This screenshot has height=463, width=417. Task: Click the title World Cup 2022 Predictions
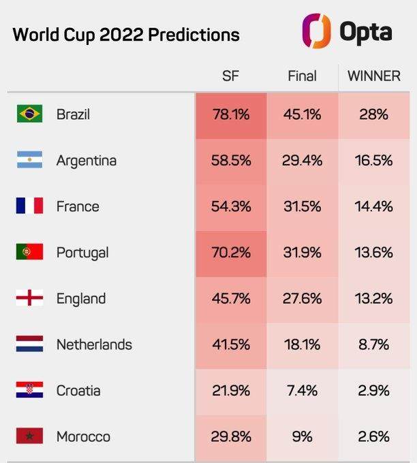coord(126,35)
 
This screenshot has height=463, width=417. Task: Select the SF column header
coord(230,76)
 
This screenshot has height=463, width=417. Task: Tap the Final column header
coord(302,76)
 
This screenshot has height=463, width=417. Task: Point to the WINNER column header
coord(374,76)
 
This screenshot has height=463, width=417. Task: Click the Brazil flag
coord(29,114)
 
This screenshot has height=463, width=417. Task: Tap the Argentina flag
coord(29,160)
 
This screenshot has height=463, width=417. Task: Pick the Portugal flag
coord(29,252)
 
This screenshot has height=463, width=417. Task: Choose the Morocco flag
coord(29,436)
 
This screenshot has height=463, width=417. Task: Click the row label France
coord(78,206)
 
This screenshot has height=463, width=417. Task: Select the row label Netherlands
coord(94,345)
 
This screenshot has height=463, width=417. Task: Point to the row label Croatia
coord(78,390)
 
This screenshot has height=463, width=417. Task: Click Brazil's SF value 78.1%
coord(231,114)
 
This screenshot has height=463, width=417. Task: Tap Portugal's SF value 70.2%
coord(231,252)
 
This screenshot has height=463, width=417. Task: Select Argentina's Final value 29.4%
coord(302,160)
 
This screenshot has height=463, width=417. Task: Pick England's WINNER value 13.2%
coord(374,298)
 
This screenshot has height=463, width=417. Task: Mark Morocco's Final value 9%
coord(302,436)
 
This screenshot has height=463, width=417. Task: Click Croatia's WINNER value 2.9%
coord(374,390)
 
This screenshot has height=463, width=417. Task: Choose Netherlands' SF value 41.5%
coord(231,345)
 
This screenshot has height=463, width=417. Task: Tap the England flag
coord(29,298)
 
